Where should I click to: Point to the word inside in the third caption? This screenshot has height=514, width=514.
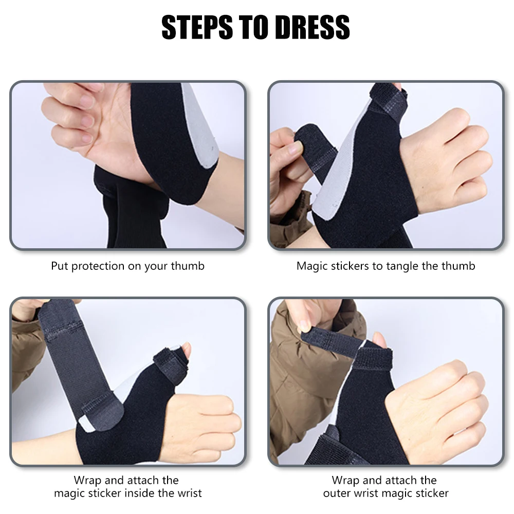point(145,493)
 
